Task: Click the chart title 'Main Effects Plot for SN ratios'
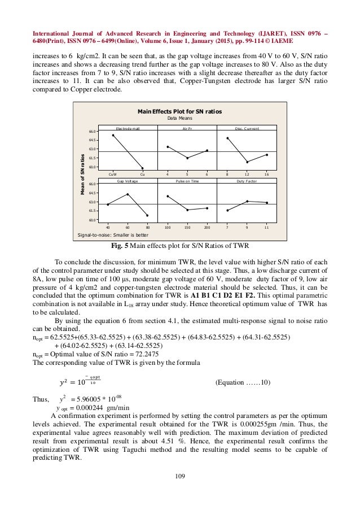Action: (x=180, y=112)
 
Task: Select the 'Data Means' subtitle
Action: (x=180, y=119)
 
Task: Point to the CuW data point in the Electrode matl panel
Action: (x=113, y=135)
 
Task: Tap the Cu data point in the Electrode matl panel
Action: (x=142, y=168)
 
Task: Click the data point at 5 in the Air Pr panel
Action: (x=187, y=158)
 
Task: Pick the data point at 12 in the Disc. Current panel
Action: (x=247, y=162)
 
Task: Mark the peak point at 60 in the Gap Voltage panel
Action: (x=128, y=194)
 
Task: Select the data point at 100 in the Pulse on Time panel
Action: (x=168, y=196)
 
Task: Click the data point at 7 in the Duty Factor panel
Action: (x=227, y=210)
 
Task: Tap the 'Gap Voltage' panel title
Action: (x=128, y=182)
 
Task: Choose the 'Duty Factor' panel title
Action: (x=247, y=182)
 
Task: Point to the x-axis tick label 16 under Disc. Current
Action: (x=267, y=175)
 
